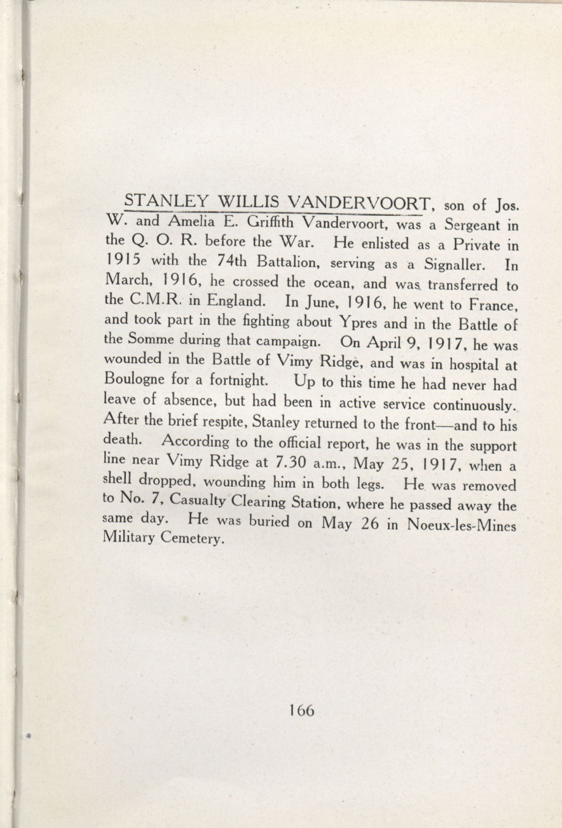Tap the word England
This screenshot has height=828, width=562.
tap(236, 301)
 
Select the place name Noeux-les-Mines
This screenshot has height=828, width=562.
tap(462, 525)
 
